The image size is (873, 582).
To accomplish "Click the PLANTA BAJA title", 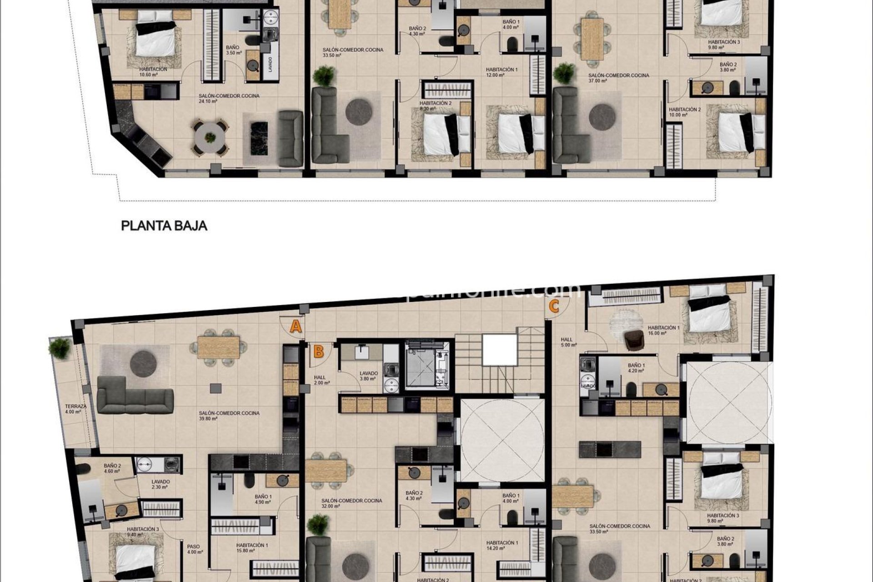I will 164,226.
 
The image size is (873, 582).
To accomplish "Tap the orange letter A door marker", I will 296,326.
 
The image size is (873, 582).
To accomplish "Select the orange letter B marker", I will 319,351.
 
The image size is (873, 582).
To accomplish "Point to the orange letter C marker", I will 554,306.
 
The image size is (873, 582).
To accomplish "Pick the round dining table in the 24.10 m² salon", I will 210,137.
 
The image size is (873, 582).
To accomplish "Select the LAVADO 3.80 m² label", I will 367,376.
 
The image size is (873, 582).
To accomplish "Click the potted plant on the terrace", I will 59,348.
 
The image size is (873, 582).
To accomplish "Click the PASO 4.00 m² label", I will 194,549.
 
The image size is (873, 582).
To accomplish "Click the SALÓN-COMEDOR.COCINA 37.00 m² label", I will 618,78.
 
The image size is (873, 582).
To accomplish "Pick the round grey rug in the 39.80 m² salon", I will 144,363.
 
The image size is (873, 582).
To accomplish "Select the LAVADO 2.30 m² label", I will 161,484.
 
